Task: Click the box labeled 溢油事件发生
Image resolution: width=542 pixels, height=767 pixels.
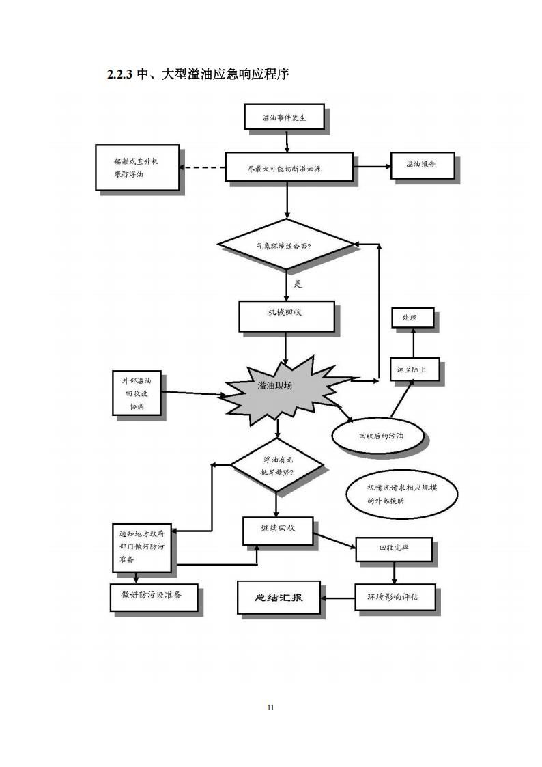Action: click(x=285, y=117)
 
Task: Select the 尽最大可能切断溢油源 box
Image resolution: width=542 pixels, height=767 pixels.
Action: click(x=289, y=167)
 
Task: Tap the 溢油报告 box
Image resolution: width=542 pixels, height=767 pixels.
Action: click(x=422, y=165)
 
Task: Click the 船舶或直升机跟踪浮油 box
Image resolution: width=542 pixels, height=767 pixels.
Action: click(x=137, y=167)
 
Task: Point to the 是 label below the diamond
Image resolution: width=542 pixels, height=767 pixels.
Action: click(x=298, y=283)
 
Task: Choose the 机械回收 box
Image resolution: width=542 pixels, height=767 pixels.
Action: click(x=286, y=316)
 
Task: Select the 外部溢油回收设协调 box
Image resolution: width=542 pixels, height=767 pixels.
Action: click(x=137, y=393)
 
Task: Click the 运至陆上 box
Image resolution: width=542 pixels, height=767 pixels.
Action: click(x=414, y=369)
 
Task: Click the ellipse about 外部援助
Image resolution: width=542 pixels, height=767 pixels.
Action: click(x=401, y=493)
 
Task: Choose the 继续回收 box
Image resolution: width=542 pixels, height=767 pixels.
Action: click(x=278, y=530)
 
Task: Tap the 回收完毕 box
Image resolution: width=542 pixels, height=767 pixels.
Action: click(x=394, y=548)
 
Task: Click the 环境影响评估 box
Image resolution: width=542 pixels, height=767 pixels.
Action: click(x=393, y=596)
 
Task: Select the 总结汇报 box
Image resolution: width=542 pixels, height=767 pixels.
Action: click(x=279, y=597)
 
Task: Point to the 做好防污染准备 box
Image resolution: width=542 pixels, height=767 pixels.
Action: click(x=154, y=596)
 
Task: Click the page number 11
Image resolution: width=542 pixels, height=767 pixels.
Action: click(x=270, y=707)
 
